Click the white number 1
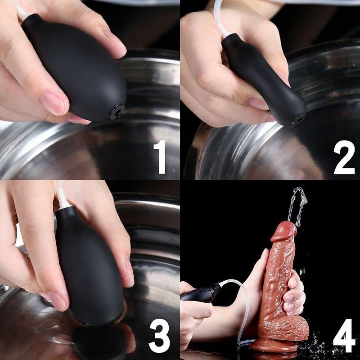[161, 157]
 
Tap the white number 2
[344, 157]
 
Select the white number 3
[159, 335]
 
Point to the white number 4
[344, 335]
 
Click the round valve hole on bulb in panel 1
[117, 112]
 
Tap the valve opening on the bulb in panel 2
[299, 119]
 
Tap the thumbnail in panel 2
[259, 104]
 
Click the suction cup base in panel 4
[273, 345]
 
